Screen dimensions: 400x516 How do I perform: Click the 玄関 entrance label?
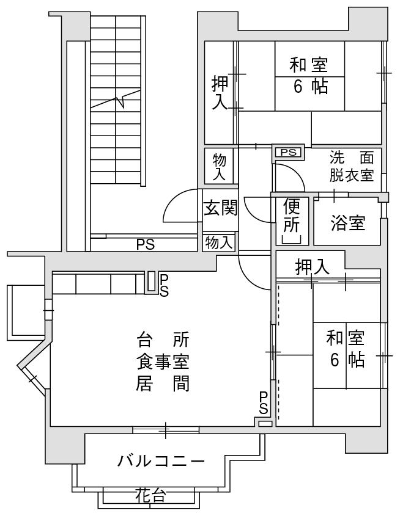pyautogui.click(x=220, y=208)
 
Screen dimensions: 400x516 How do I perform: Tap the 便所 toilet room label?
pyautogui.click(x=292, y=215)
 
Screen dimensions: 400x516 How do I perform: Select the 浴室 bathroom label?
pyautogui.click(x=347, y=222)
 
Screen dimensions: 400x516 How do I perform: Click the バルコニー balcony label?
pyautogui.click(x=161, y=461)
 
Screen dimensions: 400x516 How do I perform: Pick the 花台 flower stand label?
pyautogui.click(x=150, y=495)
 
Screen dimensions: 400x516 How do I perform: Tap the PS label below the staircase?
pyautogui.click(x=146, y=244)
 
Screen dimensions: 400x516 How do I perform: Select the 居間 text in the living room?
pyautogui.click(x=163, y=383)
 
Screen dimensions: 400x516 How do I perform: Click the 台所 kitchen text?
pyautogui.click(x=163, y=340)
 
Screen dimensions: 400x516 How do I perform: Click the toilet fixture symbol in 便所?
pyautogui.click(x=292, y=239)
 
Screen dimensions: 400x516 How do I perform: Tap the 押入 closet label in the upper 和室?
pyautogui.click(x=220, y=92)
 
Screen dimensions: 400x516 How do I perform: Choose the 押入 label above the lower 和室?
pyautogui.click(x=312, y=267)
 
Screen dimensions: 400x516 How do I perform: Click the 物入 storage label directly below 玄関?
pyautogui.click(x=219, y=243)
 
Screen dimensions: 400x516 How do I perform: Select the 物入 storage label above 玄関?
pyautogui.click(x=219, y=167)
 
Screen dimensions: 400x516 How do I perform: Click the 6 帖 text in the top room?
pyautogui.click(x=310, y=87)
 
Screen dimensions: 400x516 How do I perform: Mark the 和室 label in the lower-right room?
pyautogui.click(x=346, y=338)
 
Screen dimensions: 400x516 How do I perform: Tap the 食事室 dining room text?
pyautogui.click(x=163, y=362)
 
